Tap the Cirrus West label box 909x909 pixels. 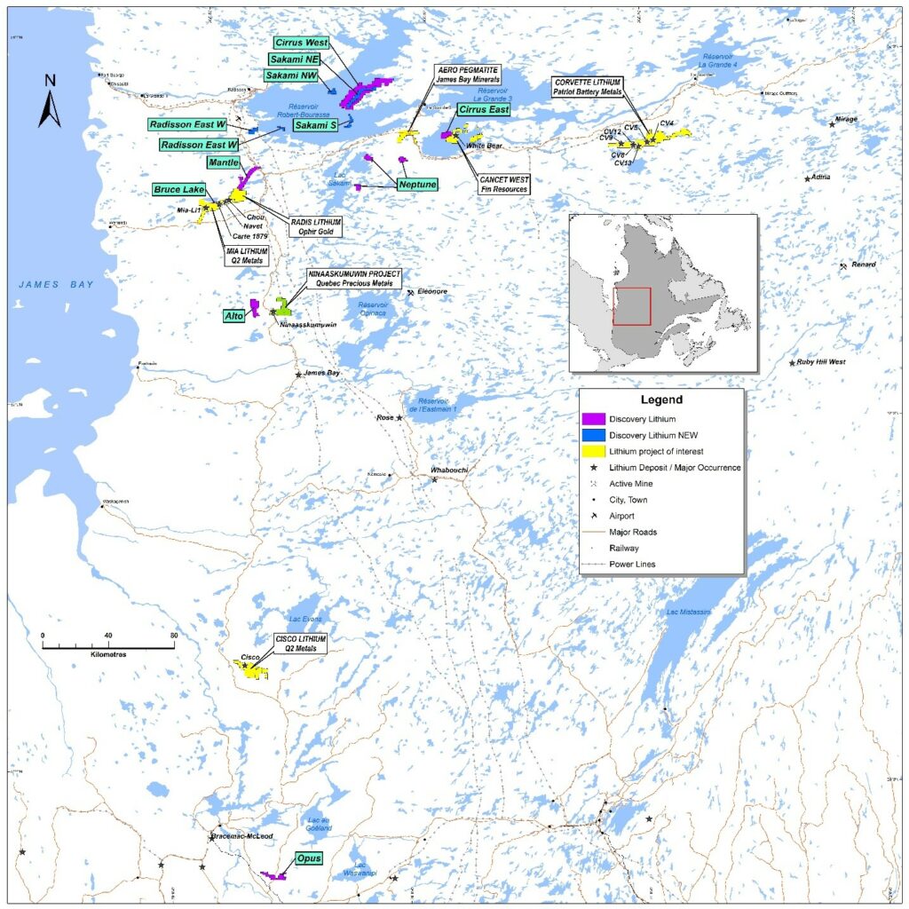click(x=301, y=43)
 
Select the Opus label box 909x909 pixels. click(x=308, y=858)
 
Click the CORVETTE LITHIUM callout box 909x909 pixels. click(x=588, y=87)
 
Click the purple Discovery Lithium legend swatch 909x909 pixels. click(x=592, y=419)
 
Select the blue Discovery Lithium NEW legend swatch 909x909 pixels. click(x=592, y=435)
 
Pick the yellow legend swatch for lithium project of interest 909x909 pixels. click(x=592, y=451)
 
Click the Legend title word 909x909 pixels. click(x=661, y=400)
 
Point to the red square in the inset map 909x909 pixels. click(x=632, y=306)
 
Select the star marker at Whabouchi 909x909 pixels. click(x=434, y=479)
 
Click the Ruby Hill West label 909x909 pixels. click(x=821, y=362)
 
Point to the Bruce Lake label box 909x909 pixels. click(x=179, y=190)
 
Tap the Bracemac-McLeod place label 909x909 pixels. click(x=241, y=836)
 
